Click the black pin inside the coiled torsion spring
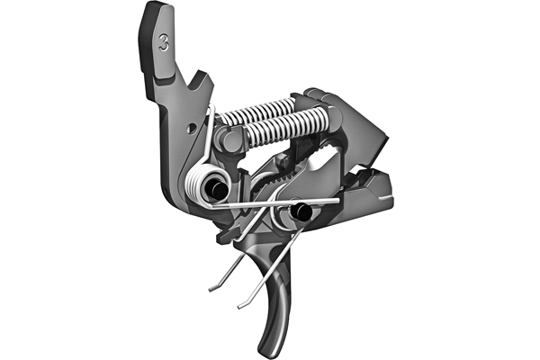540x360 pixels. [x=215, y=187]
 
